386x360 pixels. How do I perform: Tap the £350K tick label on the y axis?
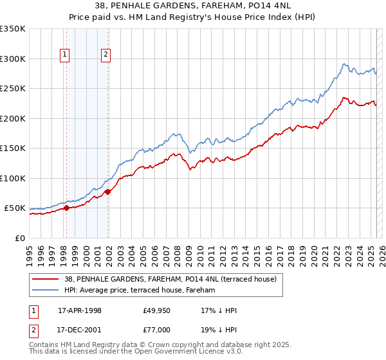click(13, 29)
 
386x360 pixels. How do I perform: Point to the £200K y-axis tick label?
click(13, 118)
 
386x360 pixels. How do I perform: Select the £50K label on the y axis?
click(15, 208)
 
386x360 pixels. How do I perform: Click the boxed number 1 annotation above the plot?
click(66, 55)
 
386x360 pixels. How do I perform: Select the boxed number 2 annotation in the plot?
click(105, 55)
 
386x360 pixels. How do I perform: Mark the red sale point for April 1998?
click(66, 208)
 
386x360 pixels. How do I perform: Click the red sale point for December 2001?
click(107, 192)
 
